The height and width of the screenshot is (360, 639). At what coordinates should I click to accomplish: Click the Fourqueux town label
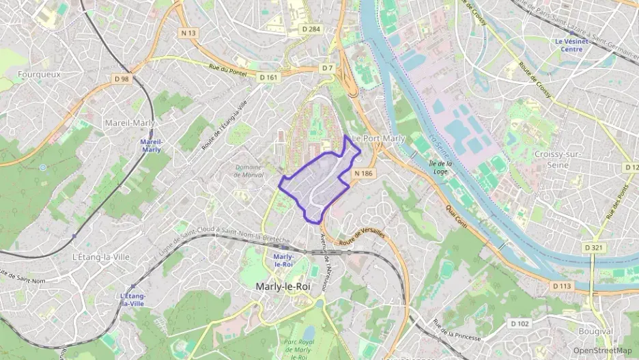(x=40, y=74)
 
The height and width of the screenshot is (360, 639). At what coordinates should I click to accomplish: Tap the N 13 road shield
(x=188, y=33)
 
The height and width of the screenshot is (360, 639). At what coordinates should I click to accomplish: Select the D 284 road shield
(x=311, y=29)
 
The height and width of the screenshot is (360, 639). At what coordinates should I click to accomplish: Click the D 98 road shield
(x=122, y=79)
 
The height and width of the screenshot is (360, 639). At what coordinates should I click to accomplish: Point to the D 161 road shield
(x=269, y=77)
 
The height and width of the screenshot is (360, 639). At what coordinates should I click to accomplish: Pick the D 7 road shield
(x=328, y=68)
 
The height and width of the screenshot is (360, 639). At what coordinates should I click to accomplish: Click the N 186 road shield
(x=363, y=174)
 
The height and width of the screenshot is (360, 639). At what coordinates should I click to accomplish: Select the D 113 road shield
(x=561, y=286)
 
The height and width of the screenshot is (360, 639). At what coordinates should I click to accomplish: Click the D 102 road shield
(x=520, y=323)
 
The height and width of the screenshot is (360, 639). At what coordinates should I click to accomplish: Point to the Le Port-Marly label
(x=379, y=138)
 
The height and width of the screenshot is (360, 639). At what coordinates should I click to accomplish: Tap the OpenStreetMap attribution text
(x=603, y=350)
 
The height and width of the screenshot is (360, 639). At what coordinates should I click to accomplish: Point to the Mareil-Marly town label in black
(x=130, y=123)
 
